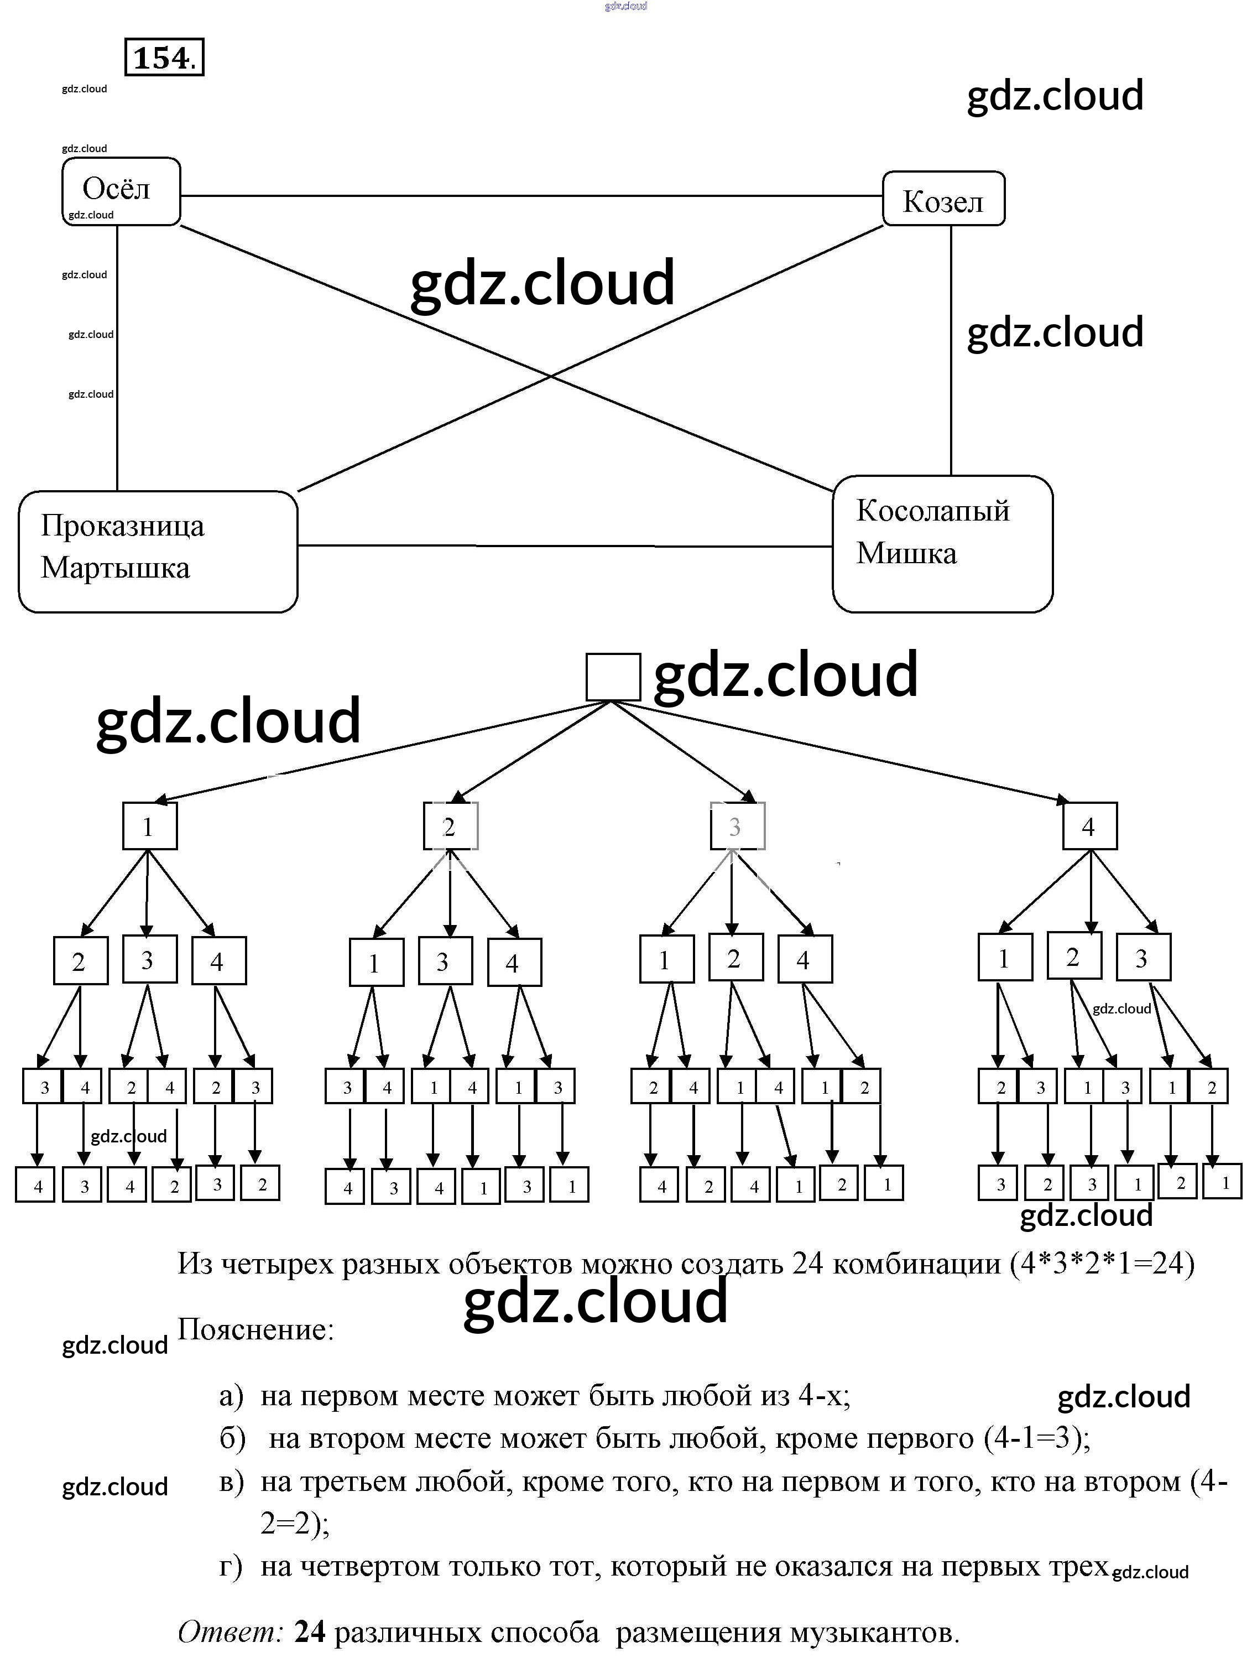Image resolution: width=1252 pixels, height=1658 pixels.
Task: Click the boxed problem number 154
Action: (x=164, y=58)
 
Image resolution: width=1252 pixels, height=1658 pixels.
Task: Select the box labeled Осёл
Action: (x=120, y=190)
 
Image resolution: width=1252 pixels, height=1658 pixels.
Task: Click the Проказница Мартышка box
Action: (x=158, y=551)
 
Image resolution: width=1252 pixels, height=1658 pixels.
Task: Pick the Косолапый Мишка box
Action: (x=942, y=543)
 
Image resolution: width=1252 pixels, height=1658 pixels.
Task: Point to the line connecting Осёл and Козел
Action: (x=530, y=196)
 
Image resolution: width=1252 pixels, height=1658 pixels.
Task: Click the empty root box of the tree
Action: (x=612, y=677)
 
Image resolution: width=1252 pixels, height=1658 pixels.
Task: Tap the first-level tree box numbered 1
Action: (x=149, y=826)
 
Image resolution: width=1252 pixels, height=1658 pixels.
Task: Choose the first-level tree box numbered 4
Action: (x=1089, y=826)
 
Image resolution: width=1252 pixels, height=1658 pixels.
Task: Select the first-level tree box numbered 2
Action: (x=450, y=826)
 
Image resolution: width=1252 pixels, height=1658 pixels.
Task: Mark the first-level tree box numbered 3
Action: (x=737, y=826)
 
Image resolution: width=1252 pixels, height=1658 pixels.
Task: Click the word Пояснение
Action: (x=255, y=1329)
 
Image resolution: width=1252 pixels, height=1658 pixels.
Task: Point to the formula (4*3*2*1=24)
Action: (x=1102, y=1264)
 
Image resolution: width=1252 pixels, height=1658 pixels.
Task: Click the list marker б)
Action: (x=232, y=1438)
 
